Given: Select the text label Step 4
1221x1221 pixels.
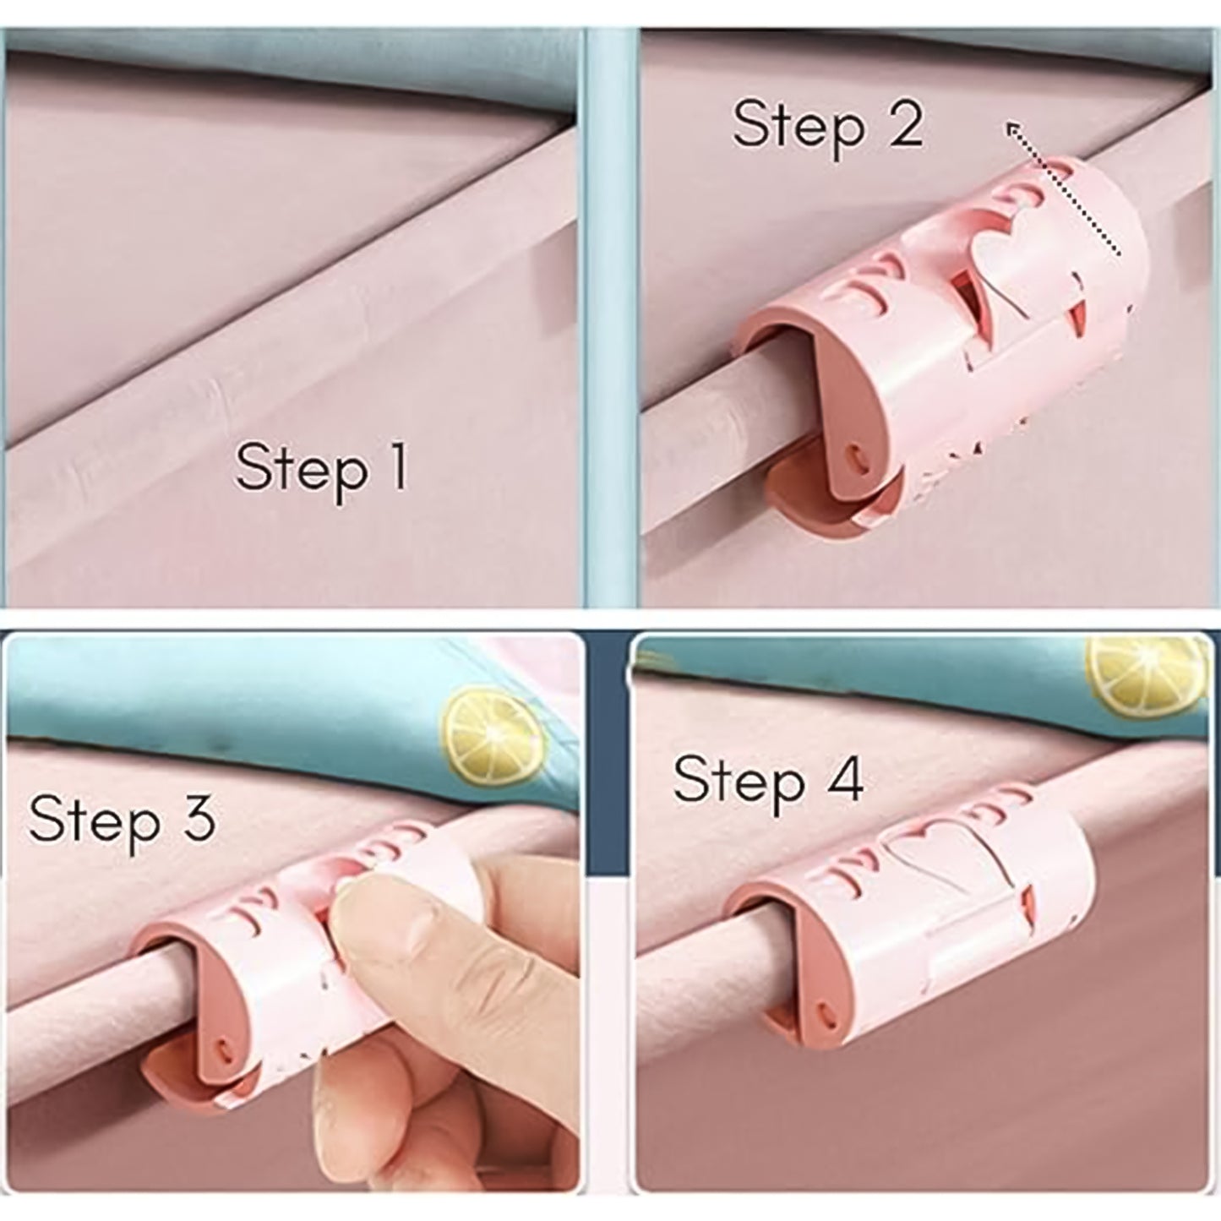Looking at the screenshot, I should pos(767,780).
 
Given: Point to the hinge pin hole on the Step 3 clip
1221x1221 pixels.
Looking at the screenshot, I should pos(225,1049).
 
